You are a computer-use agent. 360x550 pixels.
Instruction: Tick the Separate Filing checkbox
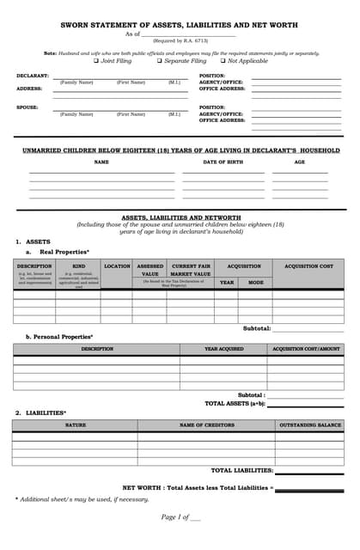(159, 61)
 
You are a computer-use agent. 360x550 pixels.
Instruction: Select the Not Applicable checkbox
(223, 61)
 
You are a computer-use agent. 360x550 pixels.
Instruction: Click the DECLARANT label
(33, 76)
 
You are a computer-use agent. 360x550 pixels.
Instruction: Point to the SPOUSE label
(27, 107)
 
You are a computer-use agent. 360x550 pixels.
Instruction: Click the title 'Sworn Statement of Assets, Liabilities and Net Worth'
(180, 25)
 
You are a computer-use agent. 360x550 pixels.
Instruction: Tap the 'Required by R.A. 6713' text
(180, 40)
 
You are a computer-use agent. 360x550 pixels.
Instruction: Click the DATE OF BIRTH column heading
(225, 162)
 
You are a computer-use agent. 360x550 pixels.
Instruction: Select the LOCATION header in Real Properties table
(117, 266)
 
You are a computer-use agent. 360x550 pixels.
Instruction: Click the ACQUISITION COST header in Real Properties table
(308, 266)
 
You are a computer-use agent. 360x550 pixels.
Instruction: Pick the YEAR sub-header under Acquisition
(226, 282)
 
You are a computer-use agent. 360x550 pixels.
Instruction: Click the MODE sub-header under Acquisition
(256, 282)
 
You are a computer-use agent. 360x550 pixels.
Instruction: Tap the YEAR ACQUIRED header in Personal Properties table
(223, 349)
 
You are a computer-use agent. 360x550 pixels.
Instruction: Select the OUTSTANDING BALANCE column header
(310, 425)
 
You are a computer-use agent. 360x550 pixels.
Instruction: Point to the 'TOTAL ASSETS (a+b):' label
(235, 402)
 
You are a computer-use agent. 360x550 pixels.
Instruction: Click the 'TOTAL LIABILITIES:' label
(242, 470)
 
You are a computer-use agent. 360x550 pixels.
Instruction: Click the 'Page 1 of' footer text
(176, 516)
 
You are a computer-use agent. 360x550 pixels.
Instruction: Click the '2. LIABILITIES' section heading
(40, 412)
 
